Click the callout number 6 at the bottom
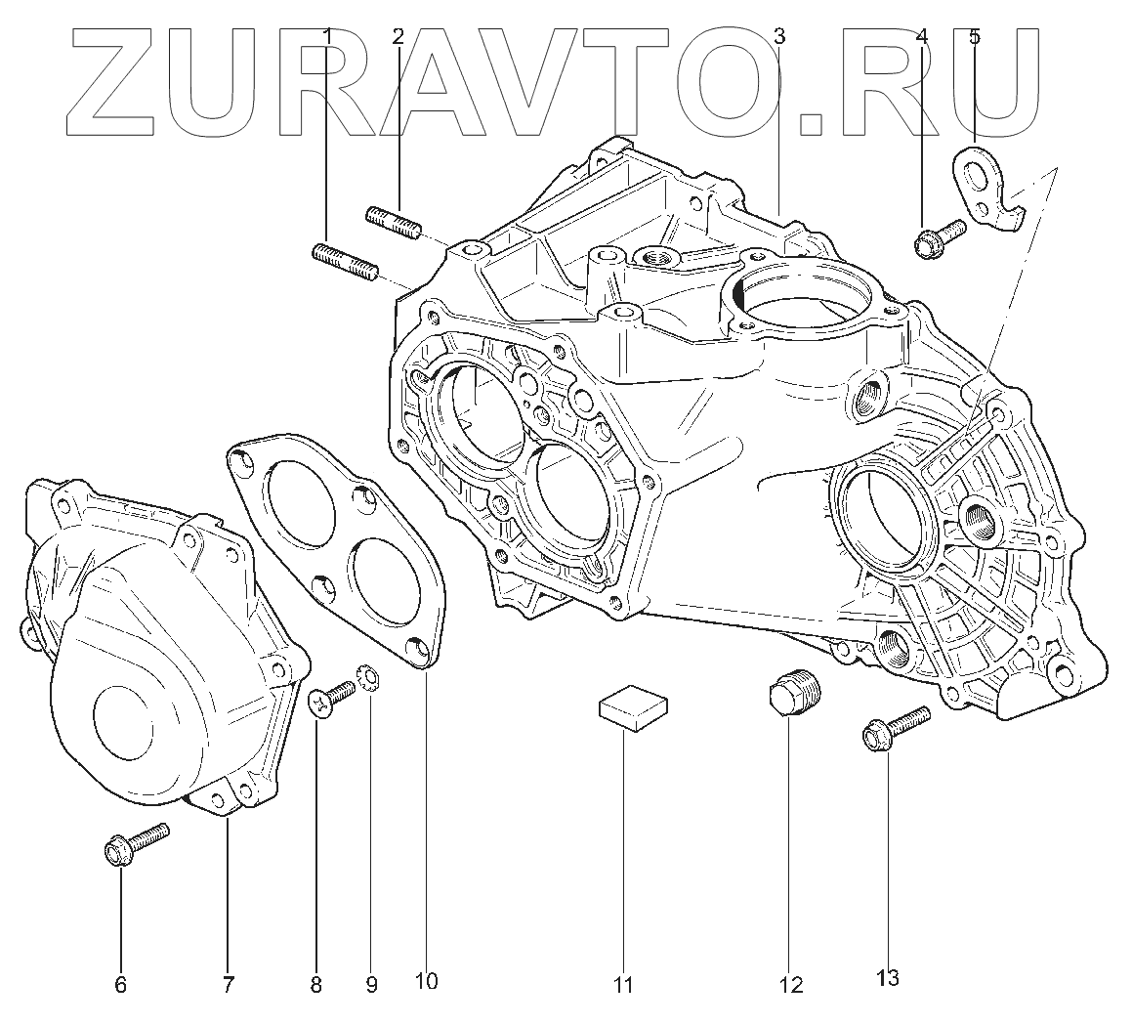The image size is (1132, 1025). tap(121, 985)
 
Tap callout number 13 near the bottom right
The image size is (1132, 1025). tap(888, 977)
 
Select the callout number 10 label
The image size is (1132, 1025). tap(427, 979)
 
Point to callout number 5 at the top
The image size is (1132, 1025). tap(975, 38)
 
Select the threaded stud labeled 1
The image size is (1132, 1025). tap(345, 262)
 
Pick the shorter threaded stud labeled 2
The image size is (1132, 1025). tap(394, 222)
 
